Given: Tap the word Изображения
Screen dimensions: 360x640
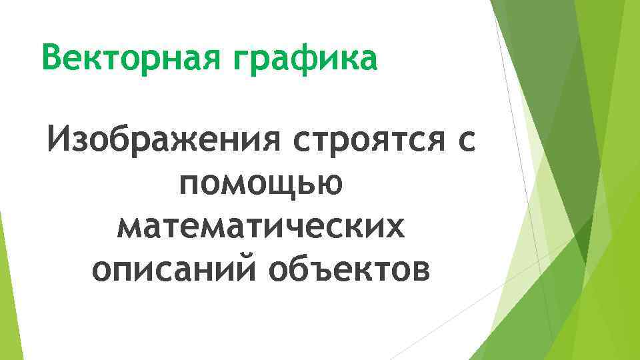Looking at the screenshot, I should (x=155, y=141).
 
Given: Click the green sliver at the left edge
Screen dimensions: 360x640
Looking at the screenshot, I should (x=5, y=267).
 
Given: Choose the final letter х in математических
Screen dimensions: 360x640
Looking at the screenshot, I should (x=395, y=228).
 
